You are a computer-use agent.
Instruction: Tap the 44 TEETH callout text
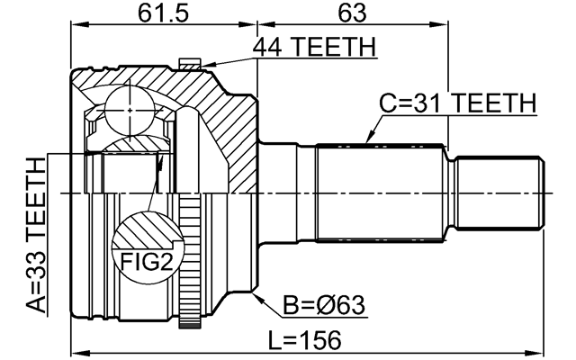tap(314, 47)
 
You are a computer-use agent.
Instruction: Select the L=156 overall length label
tap(310, 340)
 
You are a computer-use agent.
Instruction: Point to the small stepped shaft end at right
tap(500, 193)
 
